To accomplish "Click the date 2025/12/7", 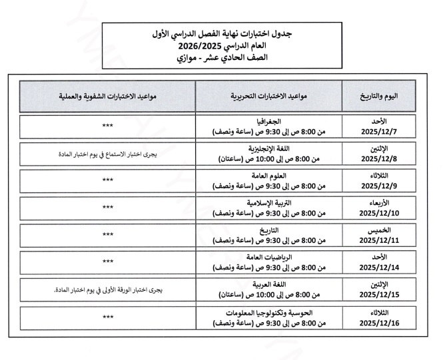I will pyautogui.click(x=378, y=130).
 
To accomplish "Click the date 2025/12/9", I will pyautogui.click(x=378, y=186).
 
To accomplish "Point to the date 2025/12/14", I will pyautogui.click(x=378, y=268).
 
